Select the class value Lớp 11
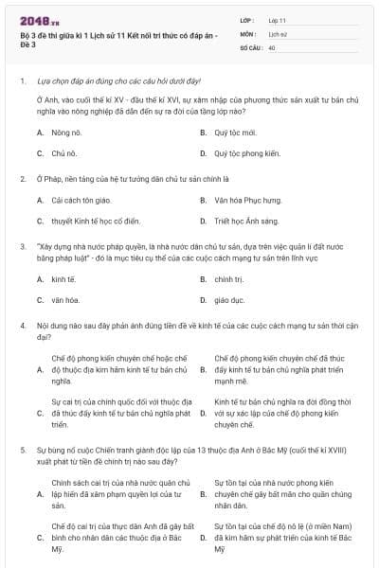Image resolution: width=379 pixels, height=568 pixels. point(277,19)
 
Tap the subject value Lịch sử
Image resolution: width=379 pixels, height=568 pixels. point(278,32)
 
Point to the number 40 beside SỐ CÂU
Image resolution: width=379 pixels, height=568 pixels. point(272,46)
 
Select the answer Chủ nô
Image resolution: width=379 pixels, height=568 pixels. point(63,152)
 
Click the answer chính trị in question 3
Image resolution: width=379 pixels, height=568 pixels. point(228,279)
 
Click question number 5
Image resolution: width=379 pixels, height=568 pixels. point(22,449)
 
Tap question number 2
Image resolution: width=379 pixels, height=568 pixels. point(22,177)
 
